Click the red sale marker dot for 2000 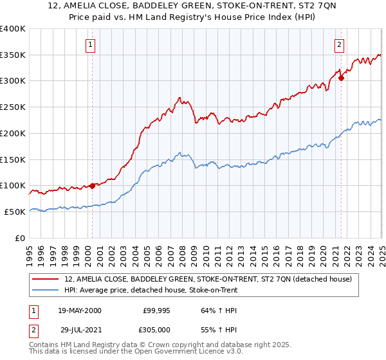coord(92,186)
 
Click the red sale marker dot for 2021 coord(342,78)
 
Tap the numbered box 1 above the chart coord(90,45)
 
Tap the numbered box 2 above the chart coord(338,45)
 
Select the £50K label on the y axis coord(15,212)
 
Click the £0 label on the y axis coord(21,238)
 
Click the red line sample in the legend coord(46,280)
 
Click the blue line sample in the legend coord(46,290)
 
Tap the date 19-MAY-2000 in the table coord(79,310)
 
